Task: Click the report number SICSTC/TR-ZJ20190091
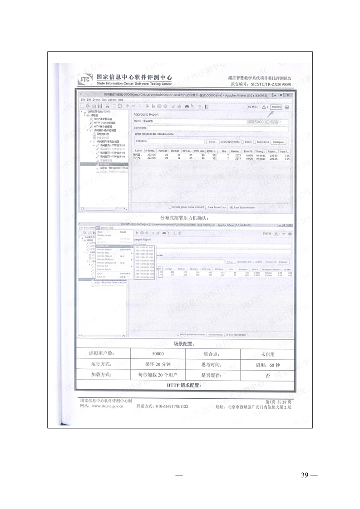[270, 84]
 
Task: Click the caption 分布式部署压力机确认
[184, 218]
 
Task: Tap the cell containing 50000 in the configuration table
[158, 354]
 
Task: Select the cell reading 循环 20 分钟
[158, 364]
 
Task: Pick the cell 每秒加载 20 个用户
[158, 375]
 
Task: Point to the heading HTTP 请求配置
[184, 385]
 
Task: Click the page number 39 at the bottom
[305, 475]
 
